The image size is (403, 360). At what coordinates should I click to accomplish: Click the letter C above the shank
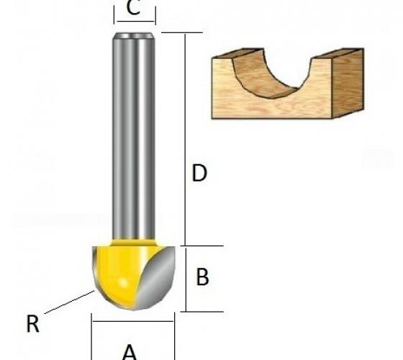point(133,8)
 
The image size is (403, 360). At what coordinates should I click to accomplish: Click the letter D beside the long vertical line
point(199,173)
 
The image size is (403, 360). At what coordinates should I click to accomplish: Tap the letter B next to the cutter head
point(202,277)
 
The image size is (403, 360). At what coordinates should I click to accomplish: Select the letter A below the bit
point(130,352)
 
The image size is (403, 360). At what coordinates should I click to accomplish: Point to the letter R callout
point(32,324)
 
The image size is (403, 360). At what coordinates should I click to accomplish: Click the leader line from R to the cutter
point(69,302)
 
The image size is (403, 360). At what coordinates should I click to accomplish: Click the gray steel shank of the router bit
point(134,136)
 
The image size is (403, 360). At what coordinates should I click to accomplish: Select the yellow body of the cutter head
point(121,273)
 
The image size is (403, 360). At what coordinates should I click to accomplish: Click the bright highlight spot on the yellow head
point(124,283)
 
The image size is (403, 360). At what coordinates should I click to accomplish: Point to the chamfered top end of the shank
point(134,36)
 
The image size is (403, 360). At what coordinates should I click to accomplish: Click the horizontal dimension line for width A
point(133,321)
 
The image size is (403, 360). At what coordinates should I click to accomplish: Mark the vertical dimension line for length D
point(185,140)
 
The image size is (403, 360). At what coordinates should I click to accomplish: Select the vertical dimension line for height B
point(186,279)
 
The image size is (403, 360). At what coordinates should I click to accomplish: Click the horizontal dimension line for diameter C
point(135,22)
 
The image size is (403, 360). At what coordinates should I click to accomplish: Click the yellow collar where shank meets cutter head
point(134,242)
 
